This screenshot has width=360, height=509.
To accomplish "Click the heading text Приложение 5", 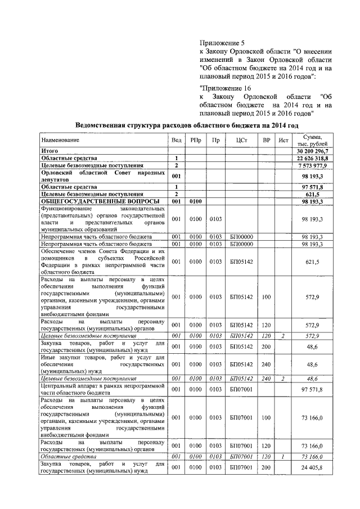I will coord(223,43).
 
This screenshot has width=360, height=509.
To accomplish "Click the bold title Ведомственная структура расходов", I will coord(186,124).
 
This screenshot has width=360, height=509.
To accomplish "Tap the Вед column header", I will coord(176,139).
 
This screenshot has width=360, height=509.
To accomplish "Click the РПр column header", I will coord(195,139).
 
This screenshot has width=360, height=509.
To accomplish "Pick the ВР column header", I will coord(266,139).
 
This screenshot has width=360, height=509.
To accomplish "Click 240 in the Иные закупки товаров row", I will coord(266,364).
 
